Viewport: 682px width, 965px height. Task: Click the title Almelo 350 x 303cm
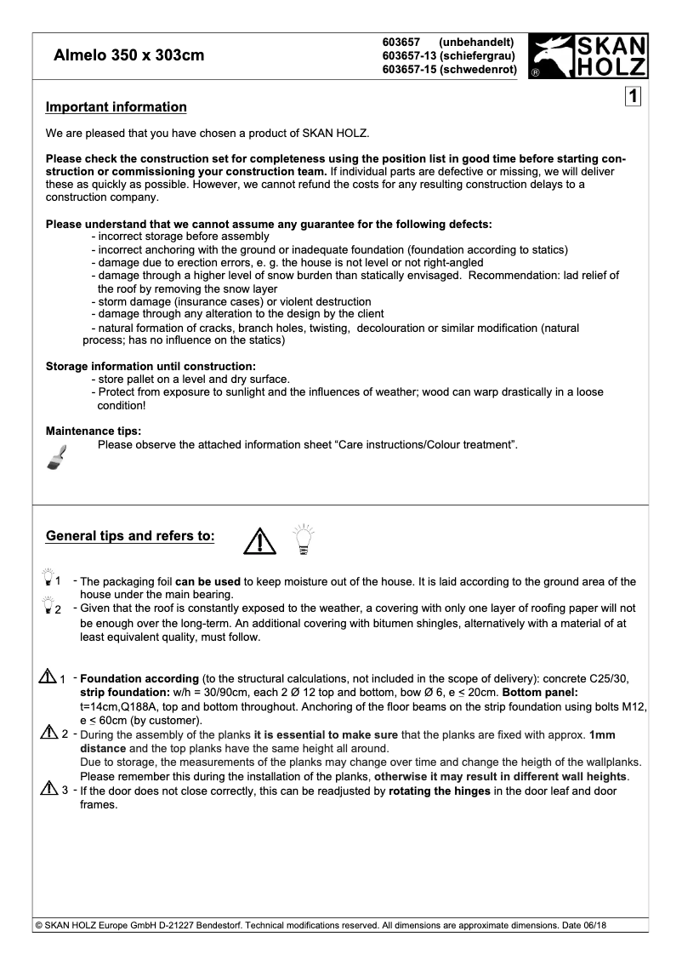point(128,56)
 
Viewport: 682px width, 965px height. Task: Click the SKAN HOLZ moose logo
point(588,56)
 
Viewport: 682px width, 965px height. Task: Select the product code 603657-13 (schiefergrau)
point(450,55)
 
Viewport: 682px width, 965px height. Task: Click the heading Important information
point(116,107)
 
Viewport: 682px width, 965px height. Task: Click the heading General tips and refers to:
point(130,536)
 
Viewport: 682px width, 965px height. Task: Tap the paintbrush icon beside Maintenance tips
point(56,457)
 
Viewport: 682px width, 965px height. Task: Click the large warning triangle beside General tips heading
point(259,540)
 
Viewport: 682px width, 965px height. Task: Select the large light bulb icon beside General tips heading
point(303,539)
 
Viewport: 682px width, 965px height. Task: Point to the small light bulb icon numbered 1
point(48,579)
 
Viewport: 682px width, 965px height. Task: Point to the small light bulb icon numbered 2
point(48,608)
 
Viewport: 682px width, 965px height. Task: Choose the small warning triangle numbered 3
point(48,790)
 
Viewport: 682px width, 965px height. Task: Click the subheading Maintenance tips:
point(94,431)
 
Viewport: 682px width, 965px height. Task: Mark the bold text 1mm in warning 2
point(602,734)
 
